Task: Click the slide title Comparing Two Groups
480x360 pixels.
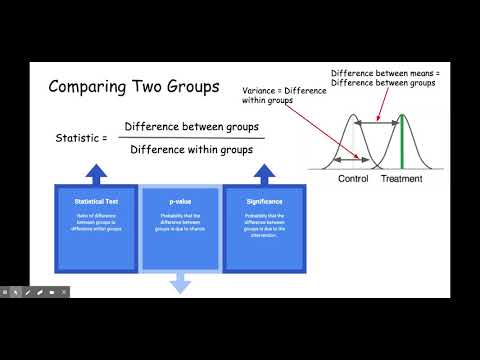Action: (x=134, y=87)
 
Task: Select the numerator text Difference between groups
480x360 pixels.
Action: (x=191, y=127)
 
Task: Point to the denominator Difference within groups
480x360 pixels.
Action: (x=191, y=149)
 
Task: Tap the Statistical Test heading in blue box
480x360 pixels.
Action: (x=96, y=202)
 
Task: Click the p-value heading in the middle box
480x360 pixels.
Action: (x=180, y=202)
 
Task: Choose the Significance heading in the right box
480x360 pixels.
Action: (x=264, y=202)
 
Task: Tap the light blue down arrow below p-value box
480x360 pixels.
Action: (x=180, y=284)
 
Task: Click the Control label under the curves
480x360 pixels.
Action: (x=353, y=179)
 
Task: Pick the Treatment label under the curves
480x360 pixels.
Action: (x=401, y=179)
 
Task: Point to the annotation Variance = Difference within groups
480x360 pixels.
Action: (x=284, y=97)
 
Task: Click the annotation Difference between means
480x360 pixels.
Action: (x=384, y=73)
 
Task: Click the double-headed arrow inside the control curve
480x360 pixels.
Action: (x=349, y=159)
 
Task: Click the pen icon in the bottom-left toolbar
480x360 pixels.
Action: (x=28, y=292)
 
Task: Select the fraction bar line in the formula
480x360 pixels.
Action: (x=191, y=138)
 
